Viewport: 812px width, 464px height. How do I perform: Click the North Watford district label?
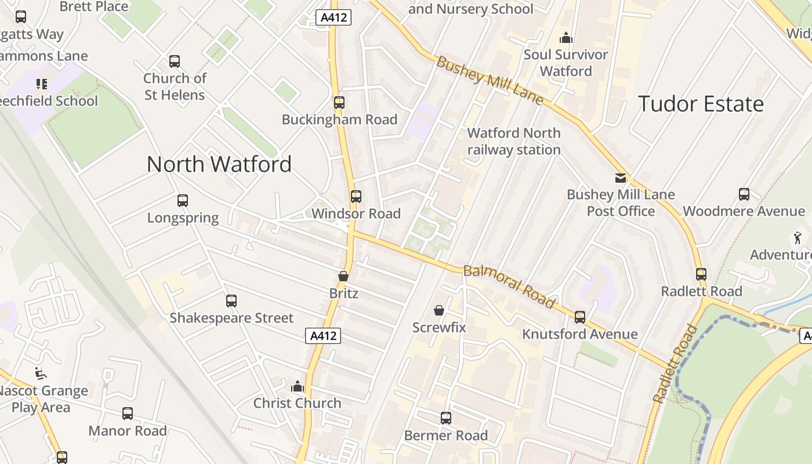pyautogui.click(x=219, y=164)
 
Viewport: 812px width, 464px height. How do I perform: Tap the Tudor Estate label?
pyautogui.click(x=701, y=104)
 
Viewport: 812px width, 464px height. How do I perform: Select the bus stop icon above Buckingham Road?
pyautogui.click(x=339, y=103)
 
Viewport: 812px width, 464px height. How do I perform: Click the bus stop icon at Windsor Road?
pyautogui.click(x=356, y=197)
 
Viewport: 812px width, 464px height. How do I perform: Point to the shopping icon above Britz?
pyautogui.click(x=343, y=277)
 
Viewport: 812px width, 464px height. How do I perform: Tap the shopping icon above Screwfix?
pyautogui.click(x=439, y=310)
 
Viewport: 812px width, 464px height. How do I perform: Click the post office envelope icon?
pyautogui.click(x=621, y=178)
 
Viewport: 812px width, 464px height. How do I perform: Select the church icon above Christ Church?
pyautogui.click(x=298, y=386)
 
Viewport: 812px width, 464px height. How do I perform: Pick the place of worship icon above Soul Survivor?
pyautogui.click(x=565, y=38)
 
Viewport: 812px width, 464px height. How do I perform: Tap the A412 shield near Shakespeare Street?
pyautogui.click(x=323, y=335)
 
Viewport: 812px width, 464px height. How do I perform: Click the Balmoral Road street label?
pyautogui.click(x=509, y=286)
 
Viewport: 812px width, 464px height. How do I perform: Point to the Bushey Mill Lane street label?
pyautogui.click(x=490, y=81)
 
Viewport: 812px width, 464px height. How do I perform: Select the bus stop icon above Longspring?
pyautogui.click(x=183, y=201)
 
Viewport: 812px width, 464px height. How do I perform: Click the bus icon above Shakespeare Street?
pyautogui.click(x=231, y=301)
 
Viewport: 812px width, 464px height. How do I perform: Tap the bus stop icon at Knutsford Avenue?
pyautogui.click(x=580, y=317)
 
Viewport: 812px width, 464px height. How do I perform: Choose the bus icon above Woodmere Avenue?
pyautogui.click(x=744, y=194)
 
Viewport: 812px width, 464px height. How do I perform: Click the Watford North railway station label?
pyautogui.click(x=514, y=142)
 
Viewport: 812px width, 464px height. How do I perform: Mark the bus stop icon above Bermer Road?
pyautogui.click(x=446, y=418)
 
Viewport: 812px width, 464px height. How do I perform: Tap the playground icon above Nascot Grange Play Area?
pyautogui.click(x=41, y=374)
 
